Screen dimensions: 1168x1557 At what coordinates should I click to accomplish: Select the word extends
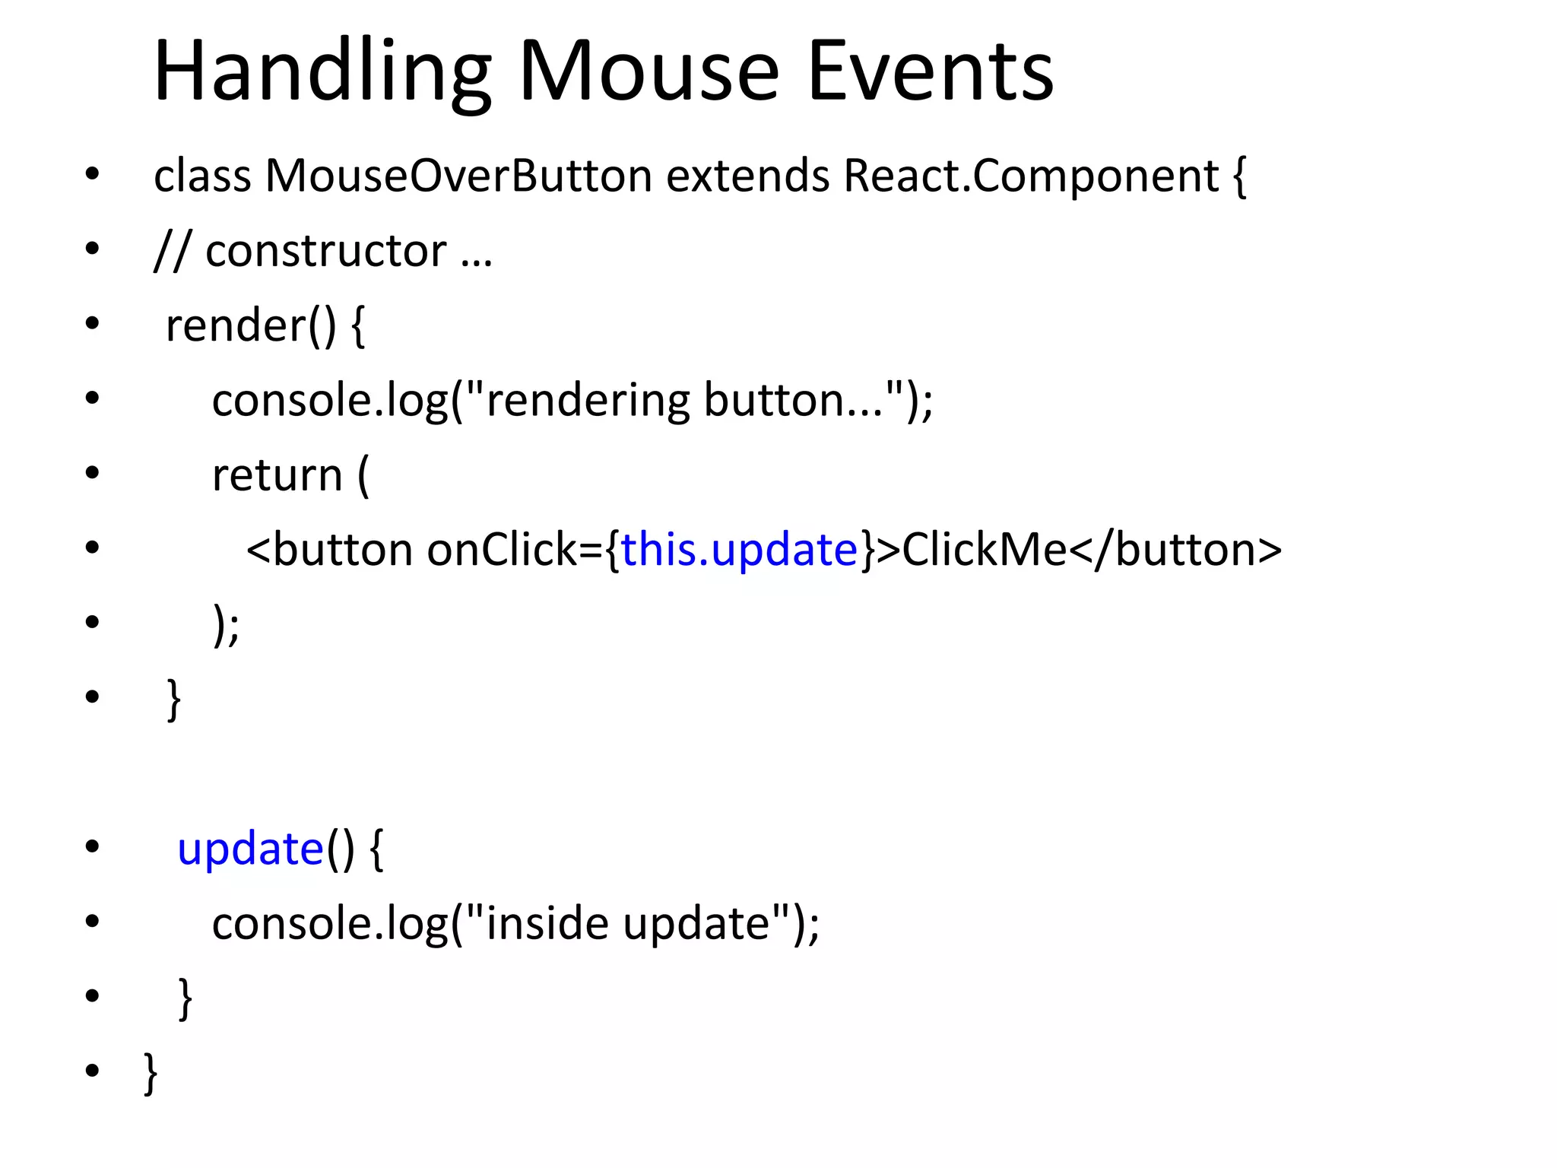coord(747,176)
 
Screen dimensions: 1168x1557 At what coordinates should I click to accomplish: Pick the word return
coord(277,475)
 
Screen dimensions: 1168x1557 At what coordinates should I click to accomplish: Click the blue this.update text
coord(739,550)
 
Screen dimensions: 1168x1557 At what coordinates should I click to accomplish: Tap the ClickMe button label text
coord(984,550)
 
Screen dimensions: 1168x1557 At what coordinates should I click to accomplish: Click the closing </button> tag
coord(1175,550)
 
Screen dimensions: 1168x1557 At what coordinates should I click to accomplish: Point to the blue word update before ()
coord(250,849)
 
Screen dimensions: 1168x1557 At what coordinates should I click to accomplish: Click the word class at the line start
coord(202,176)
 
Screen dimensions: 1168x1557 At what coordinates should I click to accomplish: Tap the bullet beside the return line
coord(92,473)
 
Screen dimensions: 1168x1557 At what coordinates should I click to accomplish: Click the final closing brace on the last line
coord(151,1072)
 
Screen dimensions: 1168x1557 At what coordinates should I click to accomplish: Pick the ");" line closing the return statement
coord(226,625)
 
